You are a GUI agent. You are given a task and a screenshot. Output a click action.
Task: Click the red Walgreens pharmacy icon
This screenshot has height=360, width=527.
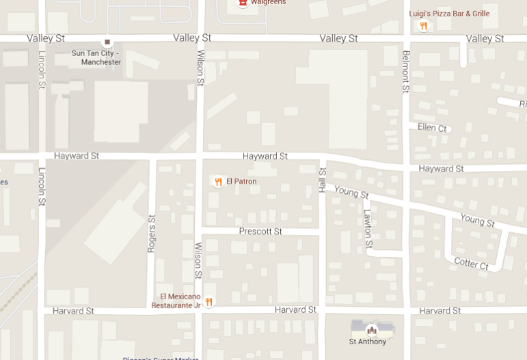pos(243,3)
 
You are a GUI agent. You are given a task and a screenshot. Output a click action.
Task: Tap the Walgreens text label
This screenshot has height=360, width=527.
pos(268,3)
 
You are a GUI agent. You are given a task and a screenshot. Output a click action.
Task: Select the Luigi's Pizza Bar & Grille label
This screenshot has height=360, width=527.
pos(449,14)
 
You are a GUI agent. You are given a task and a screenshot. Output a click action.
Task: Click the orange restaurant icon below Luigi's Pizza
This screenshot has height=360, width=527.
pos(424,27)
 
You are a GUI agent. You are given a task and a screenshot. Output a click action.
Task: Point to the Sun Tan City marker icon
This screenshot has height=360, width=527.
pos(107,42)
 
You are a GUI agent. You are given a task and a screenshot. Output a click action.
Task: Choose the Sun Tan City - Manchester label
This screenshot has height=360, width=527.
pos(96,57)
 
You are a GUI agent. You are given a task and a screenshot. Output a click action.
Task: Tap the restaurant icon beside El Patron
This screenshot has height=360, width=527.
pos(218,182)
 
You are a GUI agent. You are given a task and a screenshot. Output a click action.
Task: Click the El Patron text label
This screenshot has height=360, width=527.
pos(241,182)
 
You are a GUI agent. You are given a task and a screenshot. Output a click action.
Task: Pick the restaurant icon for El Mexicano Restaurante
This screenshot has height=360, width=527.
pos(209,301)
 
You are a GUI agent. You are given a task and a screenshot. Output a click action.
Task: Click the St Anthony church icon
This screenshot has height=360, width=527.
pos(371,329)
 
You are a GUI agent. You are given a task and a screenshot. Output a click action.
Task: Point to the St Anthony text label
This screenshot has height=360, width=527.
pos(368,342)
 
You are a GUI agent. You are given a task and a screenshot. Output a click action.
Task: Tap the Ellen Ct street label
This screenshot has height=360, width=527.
pos(432,128)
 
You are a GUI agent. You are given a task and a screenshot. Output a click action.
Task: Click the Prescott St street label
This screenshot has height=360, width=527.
pos(260,232)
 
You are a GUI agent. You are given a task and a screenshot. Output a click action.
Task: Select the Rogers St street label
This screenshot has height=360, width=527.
pos(152,234)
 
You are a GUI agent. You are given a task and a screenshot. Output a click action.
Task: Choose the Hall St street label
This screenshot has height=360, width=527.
pos(323,180)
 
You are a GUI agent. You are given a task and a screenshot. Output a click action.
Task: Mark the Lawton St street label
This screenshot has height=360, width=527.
pos(368,228)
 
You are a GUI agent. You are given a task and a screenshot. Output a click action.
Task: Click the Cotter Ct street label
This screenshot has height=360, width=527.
pos(471,264)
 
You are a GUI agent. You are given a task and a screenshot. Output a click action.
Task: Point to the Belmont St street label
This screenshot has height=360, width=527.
pos(406,72)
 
